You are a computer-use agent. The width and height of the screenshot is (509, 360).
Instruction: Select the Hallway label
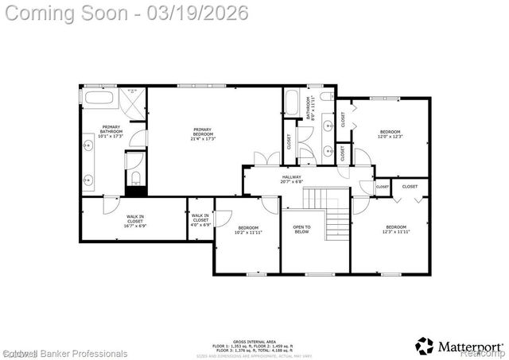point(293,179)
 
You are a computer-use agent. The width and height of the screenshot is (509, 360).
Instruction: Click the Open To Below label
point(301,230)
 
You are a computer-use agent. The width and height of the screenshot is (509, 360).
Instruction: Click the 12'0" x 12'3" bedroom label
point(390,134)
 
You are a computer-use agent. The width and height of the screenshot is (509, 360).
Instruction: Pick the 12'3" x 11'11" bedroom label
point(395,230)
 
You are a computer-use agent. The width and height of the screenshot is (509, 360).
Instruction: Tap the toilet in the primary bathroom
point(136,176)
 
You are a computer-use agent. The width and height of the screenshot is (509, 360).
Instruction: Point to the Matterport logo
point(459,346)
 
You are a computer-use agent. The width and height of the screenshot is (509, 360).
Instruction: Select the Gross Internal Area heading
point(252,338)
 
